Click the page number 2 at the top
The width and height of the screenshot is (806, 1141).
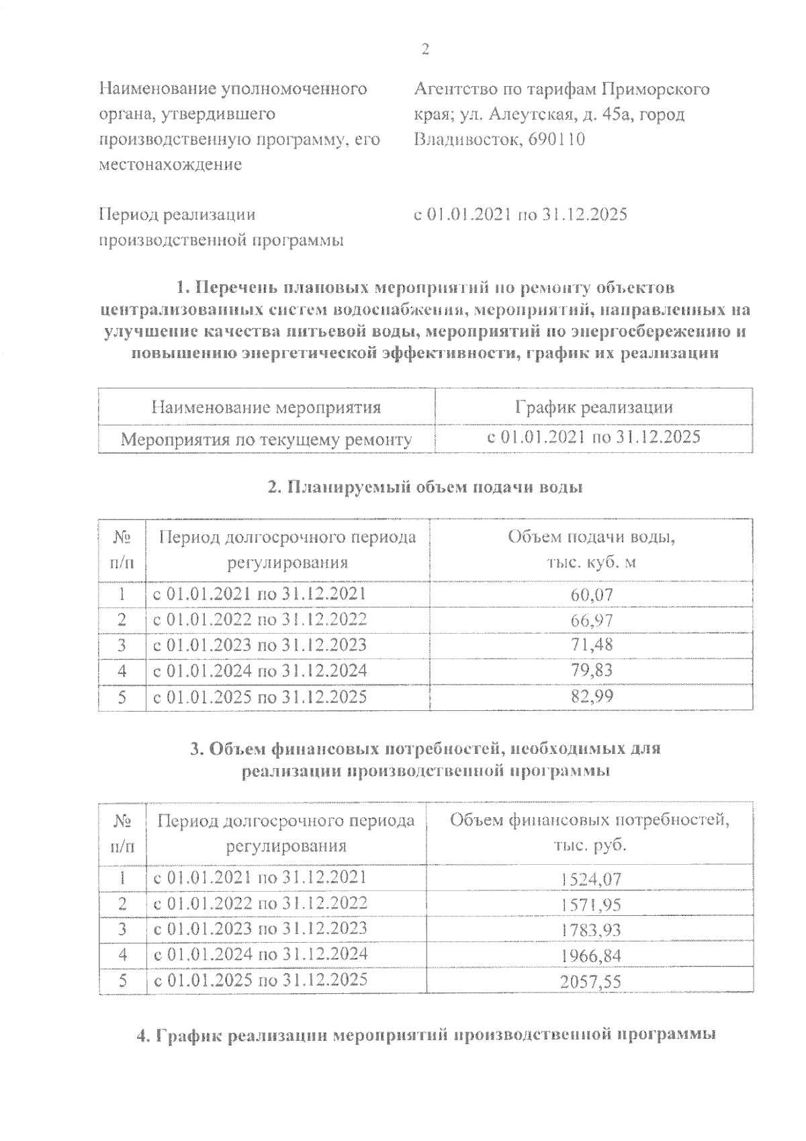point(424,49)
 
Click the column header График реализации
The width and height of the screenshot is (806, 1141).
point(594,407)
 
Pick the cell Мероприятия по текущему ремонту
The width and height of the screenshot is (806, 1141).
point(266,440)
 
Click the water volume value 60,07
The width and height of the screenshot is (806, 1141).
point(592,595)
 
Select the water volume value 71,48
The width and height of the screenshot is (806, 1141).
point(592,646)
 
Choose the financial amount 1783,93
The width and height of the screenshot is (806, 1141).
point(590,931)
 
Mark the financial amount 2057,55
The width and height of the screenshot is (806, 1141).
point(590,982)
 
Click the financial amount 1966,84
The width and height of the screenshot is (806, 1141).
point(590,956)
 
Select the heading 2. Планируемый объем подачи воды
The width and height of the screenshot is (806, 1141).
point(424,488)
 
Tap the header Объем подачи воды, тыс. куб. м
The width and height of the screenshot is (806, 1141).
point(591,550)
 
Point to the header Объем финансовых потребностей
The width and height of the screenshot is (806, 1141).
point(589,820)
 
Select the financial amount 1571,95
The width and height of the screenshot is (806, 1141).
point(590,904)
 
